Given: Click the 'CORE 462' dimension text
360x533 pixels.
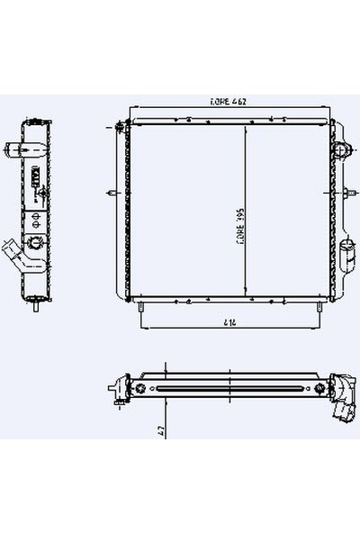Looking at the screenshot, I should (229, 103).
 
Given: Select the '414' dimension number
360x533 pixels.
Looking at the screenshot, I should (231, 321).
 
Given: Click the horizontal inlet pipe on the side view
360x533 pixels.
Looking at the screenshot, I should (15, 149).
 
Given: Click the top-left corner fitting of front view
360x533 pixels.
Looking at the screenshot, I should (122, 128).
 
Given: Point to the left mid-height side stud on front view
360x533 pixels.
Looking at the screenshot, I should (111, 191).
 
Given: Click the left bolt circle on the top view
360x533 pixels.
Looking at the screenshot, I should (140, 389).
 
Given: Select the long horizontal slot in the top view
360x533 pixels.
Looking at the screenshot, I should (230, 389).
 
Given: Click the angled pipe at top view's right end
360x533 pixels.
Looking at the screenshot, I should (342, 410).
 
